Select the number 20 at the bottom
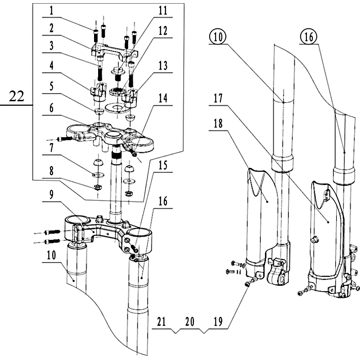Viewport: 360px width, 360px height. tap(189, 322)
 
